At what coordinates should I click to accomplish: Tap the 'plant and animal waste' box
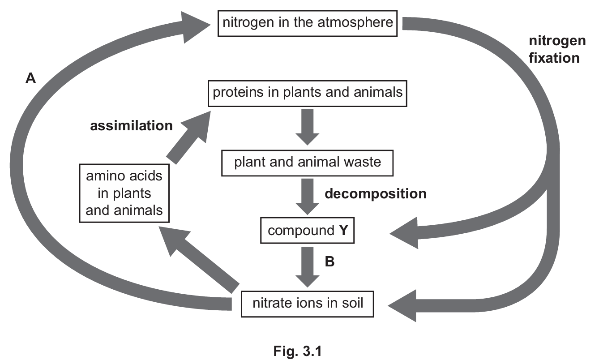tap(308, 162)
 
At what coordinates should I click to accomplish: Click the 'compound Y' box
tap(307, 231)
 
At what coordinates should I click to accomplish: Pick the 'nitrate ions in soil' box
tap(308, 304)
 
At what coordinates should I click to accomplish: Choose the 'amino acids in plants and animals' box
tap(124, 193)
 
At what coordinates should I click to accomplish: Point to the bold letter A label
tap(30, 79)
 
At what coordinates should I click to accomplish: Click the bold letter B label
tap(329, 261)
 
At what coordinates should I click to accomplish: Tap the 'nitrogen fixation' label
tap(557, 49)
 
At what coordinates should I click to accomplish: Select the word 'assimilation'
tap(131, 126)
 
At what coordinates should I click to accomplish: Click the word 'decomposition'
tap(375, 193)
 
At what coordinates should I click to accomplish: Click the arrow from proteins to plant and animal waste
tap(307, 125)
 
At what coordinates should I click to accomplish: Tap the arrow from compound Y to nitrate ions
tap(307, 265)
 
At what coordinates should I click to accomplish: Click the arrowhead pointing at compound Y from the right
tap(405, 233)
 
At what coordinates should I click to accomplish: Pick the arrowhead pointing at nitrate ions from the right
tap(403, 305)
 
